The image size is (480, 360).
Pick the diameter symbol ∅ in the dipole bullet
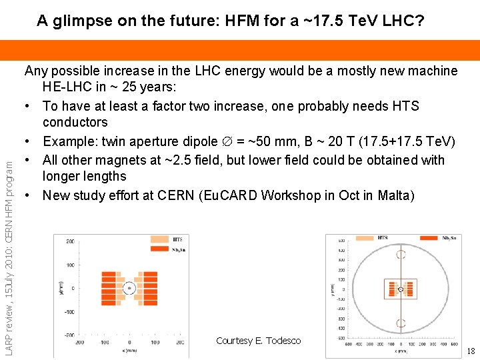pos(227,141)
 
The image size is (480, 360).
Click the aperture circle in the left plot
pos(129,289)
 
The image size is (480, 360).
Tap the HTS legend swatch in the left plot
pos(161,239)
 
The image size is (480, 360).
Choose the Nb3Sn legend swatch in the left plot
pos(161,249)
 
